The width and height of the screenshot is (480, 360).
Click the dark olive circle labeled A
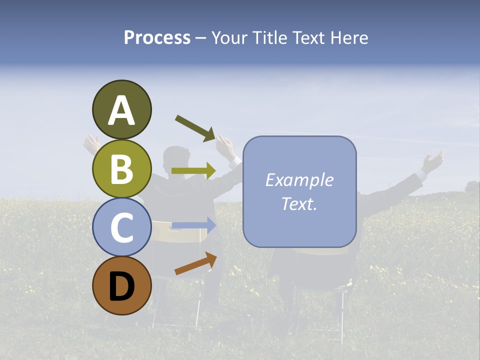pyautogui.click(x=121, y=109)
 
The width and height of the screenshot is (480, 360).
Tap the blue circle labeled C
pyautogui.click(x=121, y=227)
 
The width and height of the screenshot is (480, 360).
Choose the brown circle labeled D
pyautogui.click(x=121, y=285)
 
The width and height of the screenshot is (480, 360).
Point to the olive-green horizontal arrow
pyautogui.click(x=193, y=171)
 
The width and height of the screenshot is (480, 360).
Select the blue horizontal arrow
pyautogui.click(x=193, y=225)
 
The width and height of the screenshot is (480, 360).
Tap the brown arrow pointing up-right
pyautogui.click(x=195, y=264)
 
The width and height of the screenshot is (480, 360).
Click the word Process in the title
pyautogui.click(x=157, y=37)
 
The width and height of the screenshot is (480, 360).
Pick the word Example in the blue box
pyautogui.click(x=299, y=180)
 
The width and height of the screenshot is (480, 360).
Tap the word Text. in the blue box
pyautogui.click(x=299, y=203)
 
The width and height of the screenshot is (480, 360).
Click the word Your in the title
pyautogui.click(x=229, y=37)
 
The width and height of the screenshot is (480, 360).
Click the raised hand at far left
pyautogui.click(x=91, y=143)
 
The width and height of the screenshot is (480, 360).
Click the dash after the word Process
pyautogui.click(x=201, y=38)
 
